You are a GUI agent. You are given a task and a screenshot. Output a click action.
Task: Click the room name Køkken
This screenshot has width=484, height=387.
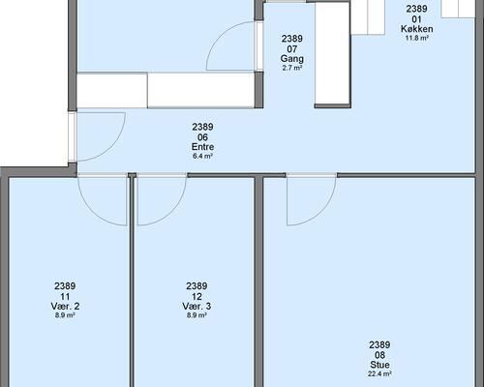pos(416,29)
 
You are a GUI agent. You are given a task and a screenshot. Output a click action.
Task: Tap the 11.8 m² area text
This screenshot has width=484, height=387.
pos(416,38)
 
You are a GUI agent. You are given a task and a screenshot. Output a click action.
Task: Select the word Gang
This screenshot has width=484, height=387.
pos(292,59)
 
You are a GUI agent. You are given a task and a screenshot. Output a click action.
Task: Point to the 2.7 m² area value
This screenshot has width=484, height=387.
pos(292,68)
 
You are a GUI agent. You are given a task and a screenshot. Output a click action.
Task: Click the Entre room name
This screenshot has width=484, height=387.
pos(202,147)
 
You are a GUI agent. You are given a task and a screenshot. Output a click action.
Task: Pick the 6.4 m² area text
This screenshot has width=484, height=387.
pos(202,157)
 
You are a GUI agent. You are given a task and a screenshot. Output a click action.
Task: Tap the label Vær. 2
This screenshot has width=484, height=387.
pos(65,306)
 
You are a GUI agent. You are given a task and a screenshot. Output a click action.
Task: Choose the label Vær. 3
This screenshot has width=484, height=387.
pos(197,306)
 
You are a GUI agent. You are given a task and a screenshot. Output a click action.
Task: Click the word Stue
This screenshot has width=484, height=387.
pos(379,365)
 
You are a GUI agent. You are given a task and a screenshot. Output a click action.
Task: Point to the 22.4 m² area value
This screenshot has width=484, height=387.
pos(379,374)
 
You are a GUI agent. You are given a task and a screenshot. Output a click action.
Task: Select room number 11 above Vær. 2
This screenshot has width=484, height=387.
pos(65,296)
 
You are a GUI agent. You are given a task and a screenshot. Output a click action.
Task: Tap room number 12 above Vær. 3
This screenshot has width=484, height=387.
pos(197,296)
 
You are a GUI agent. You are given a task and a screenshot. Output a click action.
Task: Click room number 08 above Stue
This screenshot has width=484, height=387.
pos(379,355)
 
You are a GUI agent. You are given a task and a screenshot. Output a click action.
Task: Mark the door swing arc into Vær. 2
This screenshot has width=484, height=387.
pos(93,211)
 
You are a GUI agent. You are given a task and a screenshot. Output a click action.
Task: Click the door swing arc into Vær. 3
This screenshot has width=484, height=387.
pos(171,211)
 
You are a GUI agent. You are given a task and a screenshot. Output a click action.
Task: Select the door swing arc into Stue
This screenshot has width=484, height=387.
pos(321,211)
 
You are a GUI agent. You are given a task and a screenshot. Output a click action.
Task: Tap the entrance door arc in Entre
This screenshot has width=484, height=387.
pos(111,147)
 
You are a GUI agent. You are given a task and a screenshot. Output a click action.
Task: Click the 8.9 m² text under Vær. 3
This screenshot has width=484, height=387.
pos(197,315)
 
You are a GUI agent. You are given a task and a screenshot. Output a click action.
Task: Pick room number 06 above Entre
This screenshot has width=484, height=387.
pos(202,137)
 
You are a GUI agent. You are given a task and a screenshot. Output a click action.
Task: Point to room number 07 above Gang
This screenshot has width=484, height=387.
pos(292,49)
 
